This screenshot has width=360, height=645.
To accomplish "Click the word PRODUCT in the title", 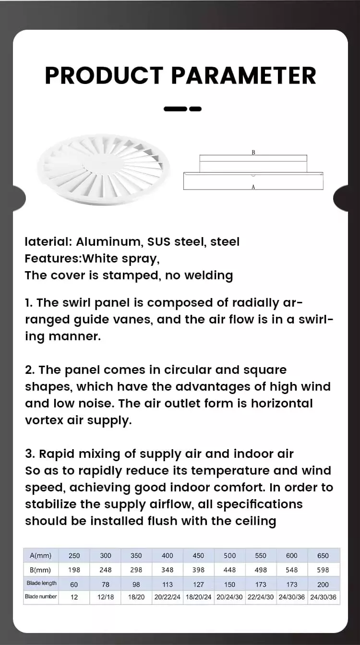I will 104,75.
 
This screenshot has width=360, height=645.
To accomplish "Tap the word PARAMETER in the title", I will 244,75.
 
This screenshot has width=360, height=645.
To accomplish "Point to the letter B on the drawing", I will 253,152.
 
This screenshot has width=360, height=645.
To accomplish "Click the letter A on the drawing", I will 253,187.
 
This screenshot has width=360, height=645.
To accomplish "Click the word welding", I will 209,275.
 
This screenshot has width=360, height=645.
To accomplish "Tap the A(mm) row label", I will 41,555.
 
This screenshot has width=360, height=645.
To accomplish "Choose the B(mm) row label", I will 41,570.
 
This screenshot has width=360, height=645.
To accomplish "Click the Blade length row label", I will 41,583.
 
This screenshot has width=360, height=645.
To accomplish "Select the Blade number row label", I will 41,597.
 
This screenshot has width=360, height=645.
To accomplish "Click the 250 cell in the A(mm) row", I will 74,555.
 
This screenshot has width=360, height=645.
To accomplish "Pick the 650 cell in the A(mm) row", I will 323,555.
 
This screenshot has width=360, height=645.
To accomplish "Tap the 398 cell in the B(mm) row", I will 198,570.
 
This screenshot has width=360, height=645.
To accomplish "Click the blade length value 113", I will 168,584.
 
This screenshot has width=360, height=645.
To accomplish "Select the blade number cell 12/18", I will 106,597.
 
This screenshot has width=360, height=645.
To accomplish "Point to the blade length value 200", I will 323,584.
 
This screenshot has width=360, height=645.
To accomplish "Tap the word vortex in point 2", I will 44,420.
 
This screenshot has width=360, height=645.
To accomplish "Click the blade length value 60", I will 74,584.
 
